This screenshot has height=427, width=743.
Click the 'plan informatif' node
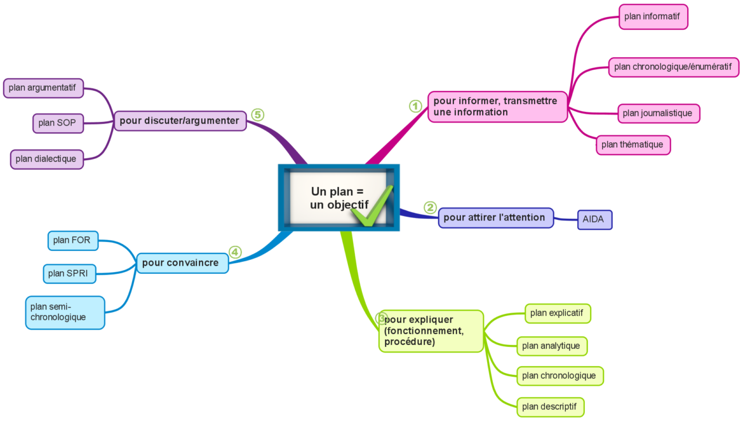[653, 17]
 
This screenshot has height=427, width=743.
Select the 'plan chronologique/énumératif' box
[674, 67]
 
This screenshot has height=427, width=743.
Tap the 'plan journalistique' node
[659, 113]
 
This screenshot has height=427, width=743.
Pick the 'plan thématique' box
[633, 145]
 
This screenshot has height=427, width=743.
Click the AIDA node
[594, 220]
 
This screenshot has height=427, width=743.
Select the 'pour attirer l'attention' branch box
[495, 217]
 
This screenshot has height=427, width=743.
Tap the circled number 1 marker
[415, 106]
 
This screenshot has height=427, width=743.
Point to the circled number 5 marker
[257, 114]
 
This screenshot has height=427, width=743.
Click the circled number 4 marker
[235, 252]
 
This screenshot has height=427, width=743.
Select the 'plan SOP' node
[58, 123]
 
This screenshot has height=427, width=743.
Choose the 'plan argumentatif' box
[43, 88]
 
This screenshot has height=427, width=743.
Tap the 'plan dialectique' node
[47, 159]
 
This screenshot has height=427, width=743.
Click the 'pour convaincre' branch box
[182, 263]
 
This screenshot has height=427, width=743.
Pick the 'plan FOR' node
[73, 240]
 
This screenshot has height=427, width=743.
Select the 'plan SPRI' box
[70, 274]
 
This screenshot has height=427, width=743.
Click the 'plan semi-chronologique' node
[65, 312]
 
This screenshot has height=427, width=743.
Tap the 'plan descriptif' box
[550, 407]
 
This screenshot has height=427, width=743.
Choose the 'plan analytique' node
[551, 346]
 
